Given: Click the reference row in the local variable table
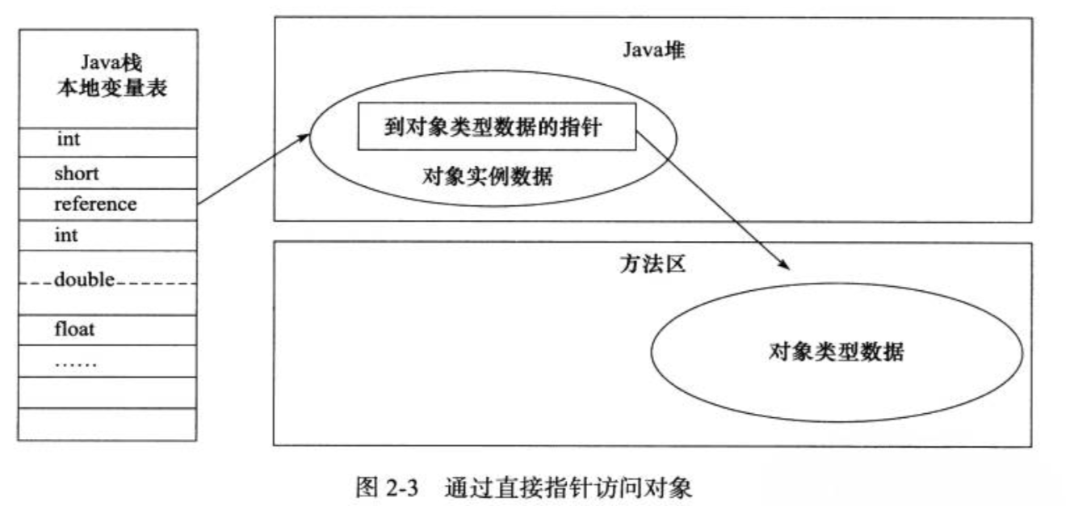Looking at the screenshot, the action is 95,205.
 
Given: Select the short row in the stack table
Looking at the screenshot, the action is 77,173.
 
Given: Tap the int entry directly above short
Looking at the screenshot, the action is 69,140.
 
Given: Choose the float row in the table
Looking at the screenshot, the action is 75,330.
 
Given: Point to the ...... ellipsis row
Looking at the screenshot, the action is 76,362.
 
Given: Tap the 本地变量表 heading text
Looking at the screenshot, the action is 107,89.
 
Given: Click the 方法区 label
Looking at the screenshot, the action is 653,264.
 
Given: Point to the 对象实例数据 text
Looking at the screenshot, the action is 487,175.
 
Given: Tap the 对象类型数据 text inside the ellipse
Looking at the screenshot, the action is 836,352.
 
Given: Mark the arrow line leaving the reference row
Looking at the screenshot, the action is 250,170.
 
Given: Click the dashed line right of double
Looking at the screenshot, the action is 157,283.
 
